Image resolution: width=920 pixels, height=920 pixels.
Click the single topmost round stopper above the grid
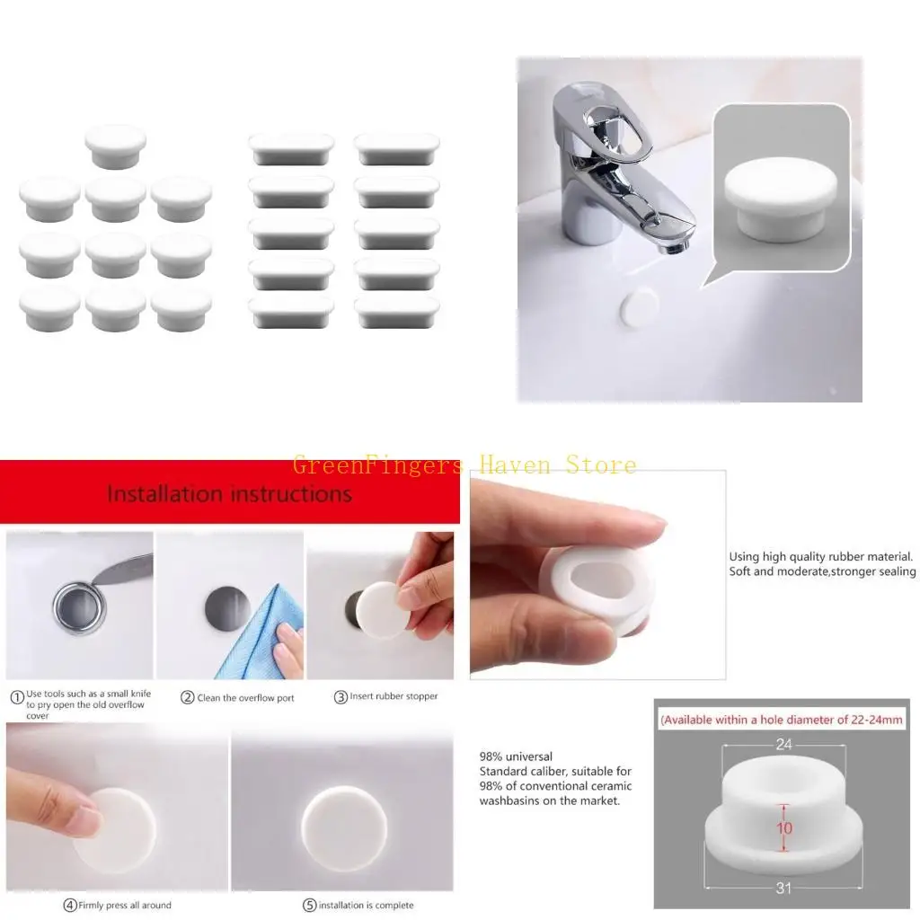click(x=116, y=146)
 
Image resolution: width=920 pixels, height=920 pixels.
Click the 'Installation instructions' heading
click(x=229, y=493)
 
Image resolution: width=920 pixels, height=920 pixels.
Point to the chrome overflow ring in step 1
click(x=79, y=606)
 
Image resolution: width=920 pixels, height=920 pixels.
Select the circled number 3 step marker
click(x=341, y=698)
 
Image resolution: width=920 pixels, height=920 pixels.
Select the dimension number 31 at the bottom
click(x=783, y=889)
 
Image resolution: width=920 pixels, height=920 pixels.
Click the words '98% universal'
click(x=516, y=756)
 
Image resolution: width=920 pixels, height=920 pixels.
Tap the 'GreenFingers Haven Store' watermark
click(x=464, y=464)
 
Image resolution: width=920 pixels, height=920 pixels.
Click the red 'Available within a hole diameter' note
click(x=782, y=720)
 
